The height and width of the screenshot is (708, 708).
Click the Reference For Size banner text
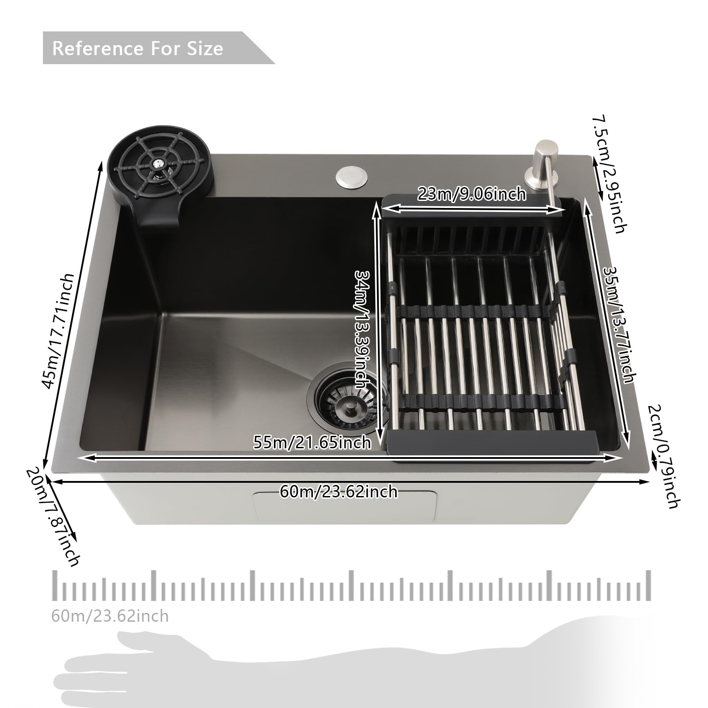(x=138, y=48)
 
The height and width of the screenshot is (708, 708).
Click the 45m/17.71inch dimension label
(x=58, y=331)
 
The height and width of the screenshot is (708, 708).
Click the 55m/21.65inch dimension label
(x=312, y=442)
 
